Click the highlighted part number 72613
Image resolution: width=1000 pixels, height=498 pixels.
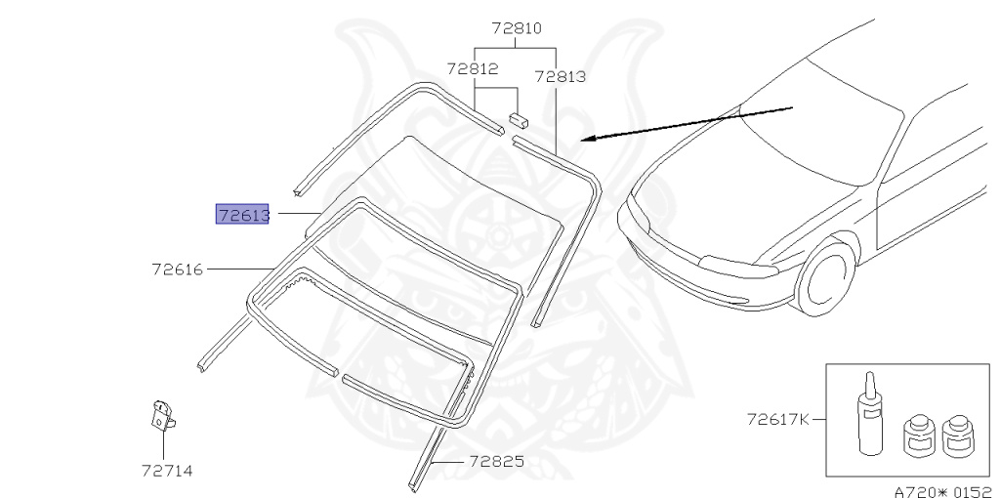[x=243, y=215]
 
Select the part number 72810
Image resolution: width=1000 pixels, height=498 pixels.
[x=517, y=28]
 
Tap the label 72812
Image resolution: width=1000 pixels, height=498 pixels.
[x=473, y=69]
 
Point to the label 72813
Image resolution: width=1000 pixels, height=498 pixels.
[x=560, y=76]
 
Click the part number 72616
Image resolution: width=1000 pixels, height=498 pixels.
[x=178, y=270]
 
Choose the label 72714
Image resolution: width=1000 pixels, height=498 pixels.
[x=167, y=472]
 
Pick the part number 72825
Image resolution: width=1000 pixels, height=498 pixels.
[x=497, y=461]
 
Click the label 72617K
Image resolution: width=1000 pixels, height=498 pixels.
[x=778, y=420]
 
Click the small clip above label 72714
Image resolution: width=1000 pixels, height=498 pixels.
[x=162, y=416]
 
